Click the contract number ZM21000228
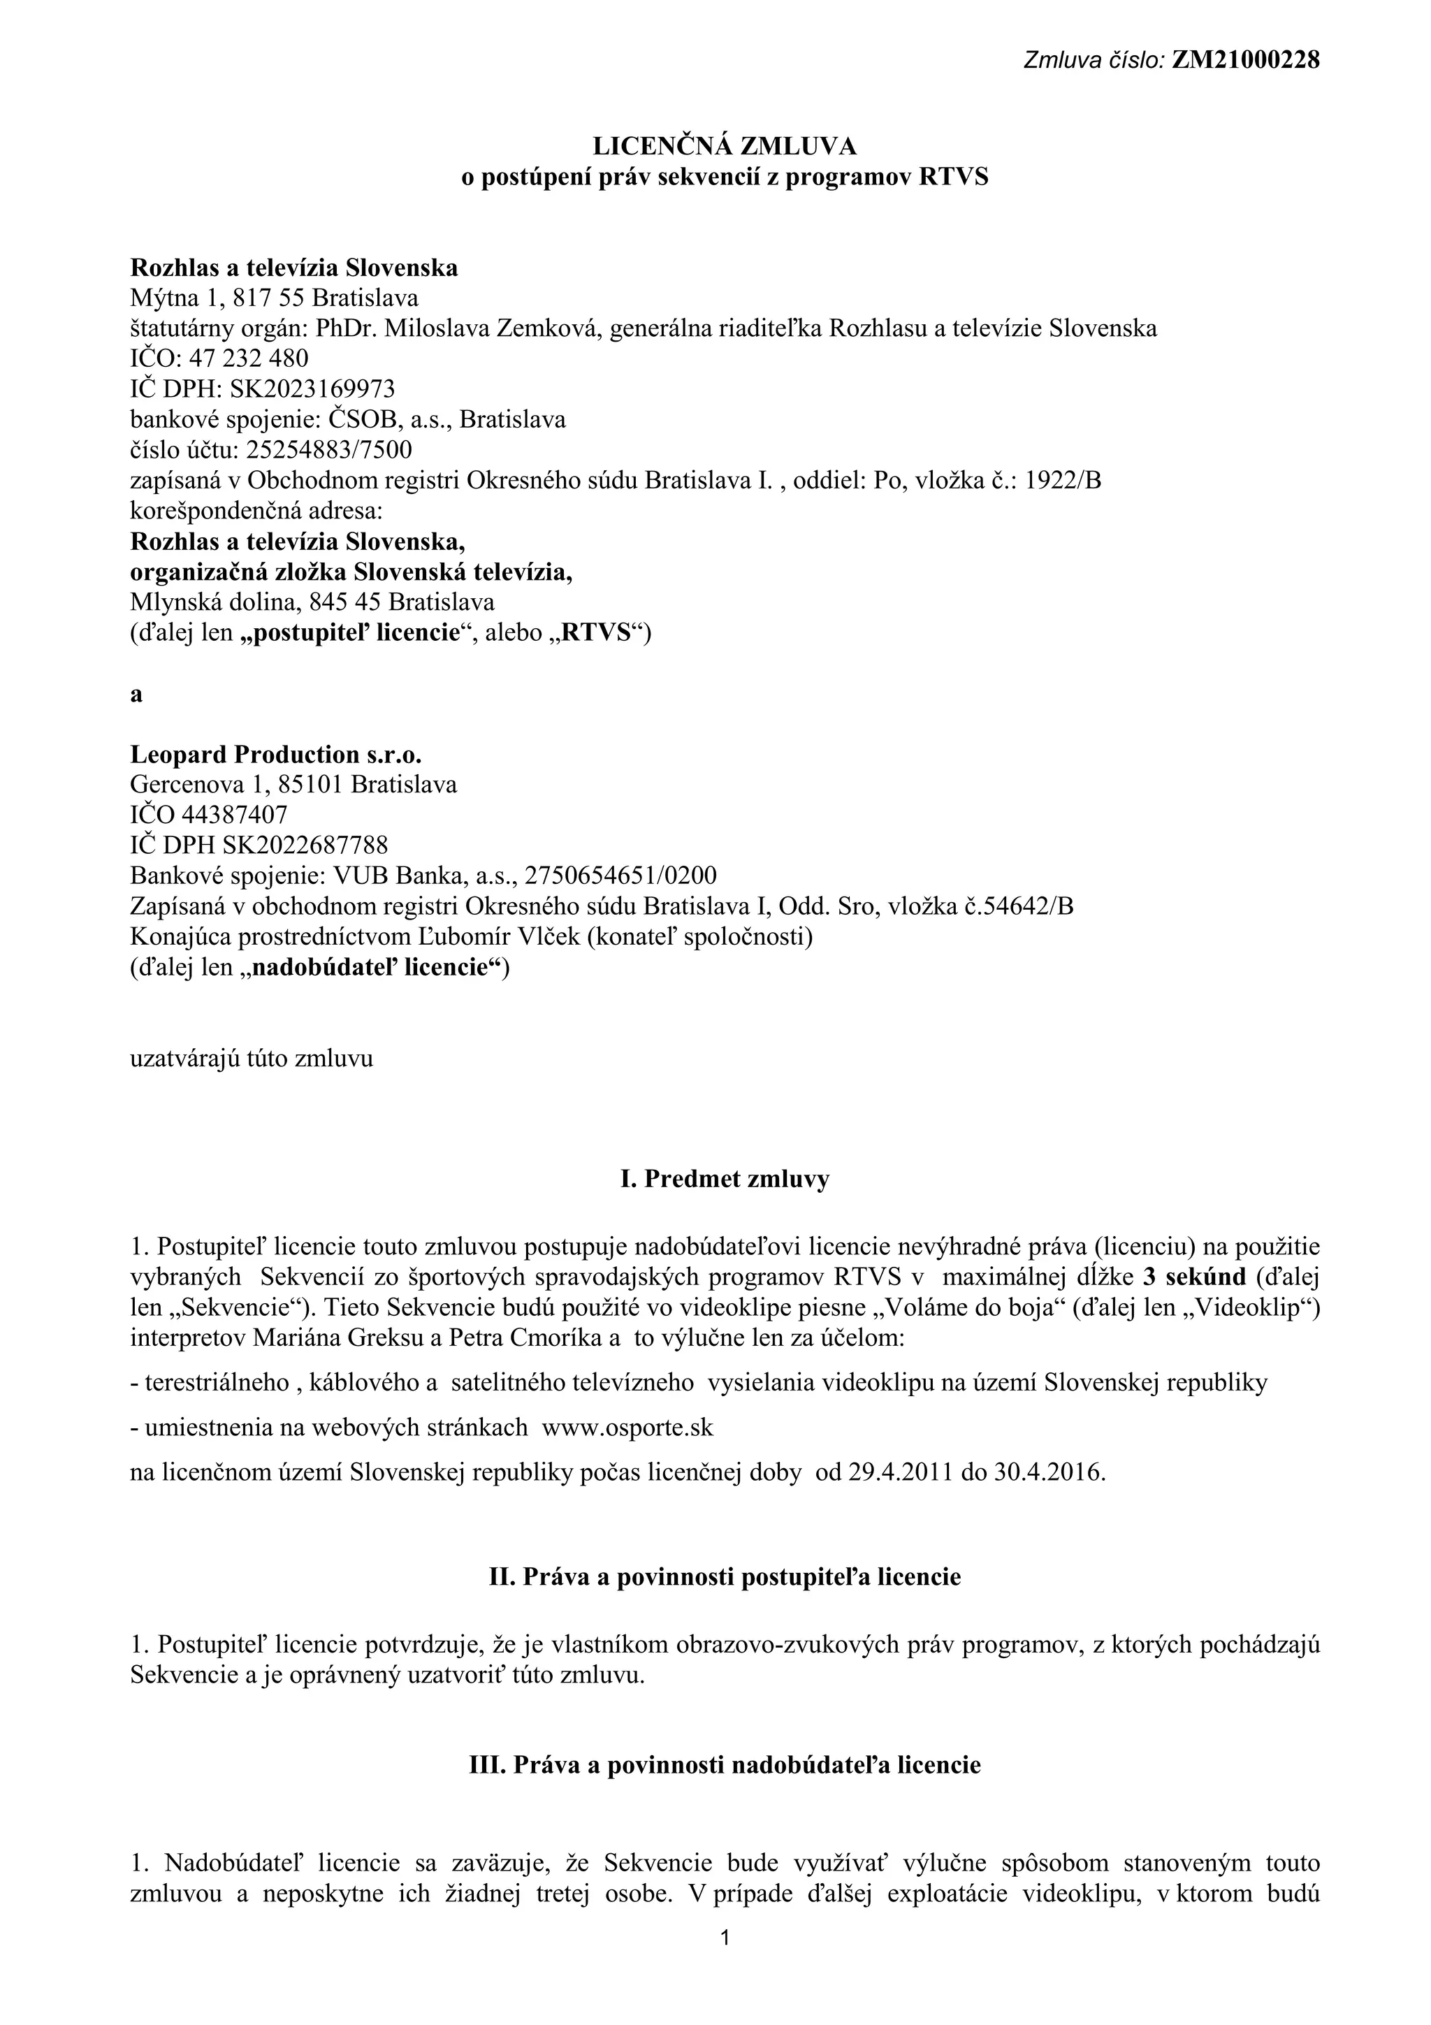[x=1245, y=60]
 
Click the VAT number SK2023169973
[x=312, y=389]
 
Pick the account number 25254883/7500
[x=329, y=450]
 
